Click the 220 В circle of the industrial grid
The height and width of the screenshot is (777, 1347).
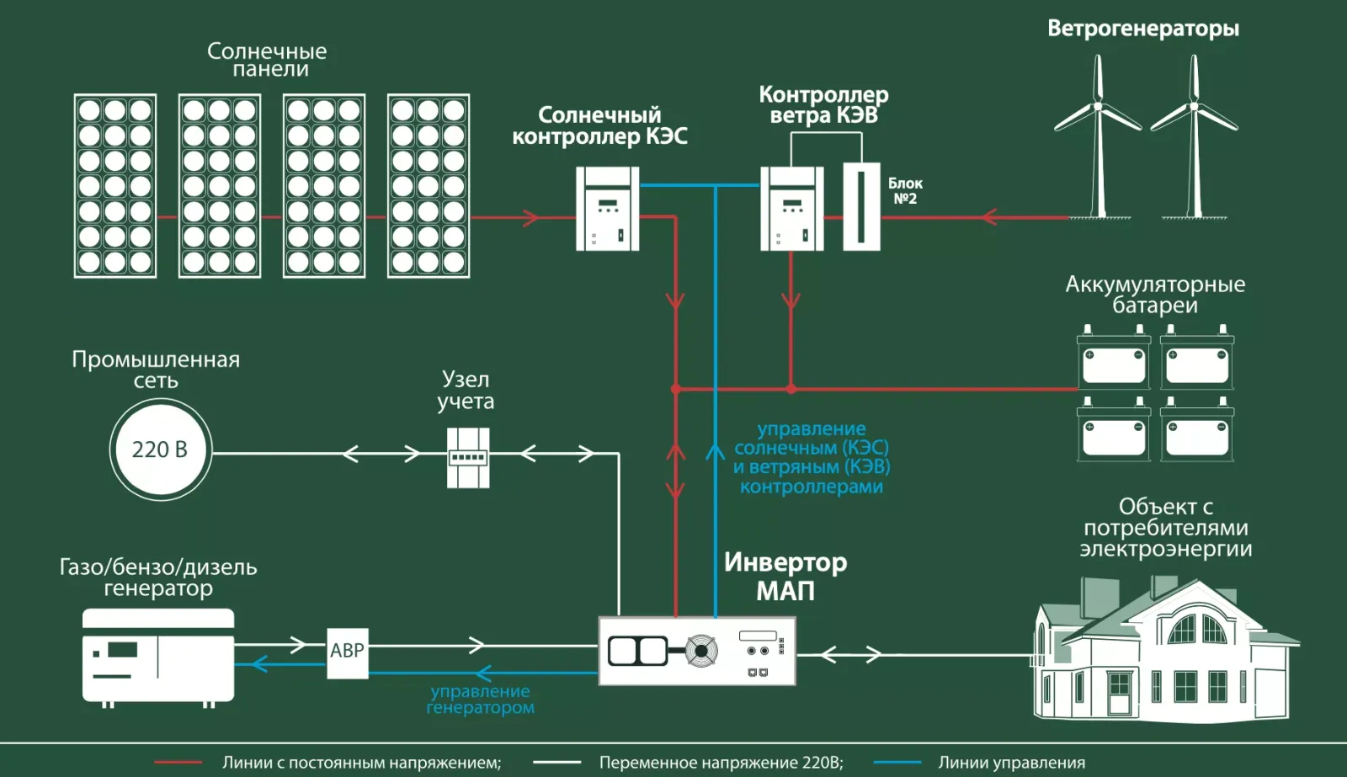pyautogui.click(x=160, y=450)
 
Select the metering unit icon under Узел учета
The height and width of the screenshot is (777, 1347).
pyautogui.click(x=468, y=458)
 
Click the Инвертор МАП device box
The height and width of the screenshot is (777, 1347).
pyautogui.click(x=697, y=651)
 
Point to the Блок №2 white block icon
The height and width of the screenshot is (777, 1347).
pyautogui.click(x=861, y=207)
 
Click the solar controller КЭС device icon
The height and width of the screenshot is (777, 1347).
pyautogui.click(x=607, y=209)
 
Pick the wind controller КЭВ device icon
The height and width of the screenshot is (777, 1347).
pyautogui.click(x=791, y=209)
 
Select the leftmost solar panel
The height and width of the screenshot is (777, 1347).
pyautogui.click(x=115, y=186)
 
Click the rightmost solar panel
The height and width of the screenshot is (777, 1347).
pyautogui.click(x=429, y=186)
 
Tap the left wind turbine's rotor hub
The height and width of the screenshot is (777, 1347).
pyautogui.click(x=1098, y=107)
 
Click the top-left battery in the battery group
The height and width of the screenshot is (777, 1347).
pyautogui.click(x=1114, y=359)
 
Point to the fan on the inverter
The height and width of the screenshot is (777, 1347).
pyautogui.click(x=701, y=651)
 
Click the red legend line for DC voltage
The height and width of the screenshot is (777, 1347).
pyautogui.click(x=178, y=763)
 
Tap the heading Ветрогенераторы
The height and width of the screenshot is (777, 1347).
pyautogui.click(x=1142, y=29)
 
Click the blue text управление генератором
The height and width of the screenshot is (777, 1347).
pyautogui.click(x=480, y=700)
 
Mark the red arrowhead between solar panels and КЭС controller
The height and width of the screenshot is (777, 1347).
pyautogui.click(x=530, y=217)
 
